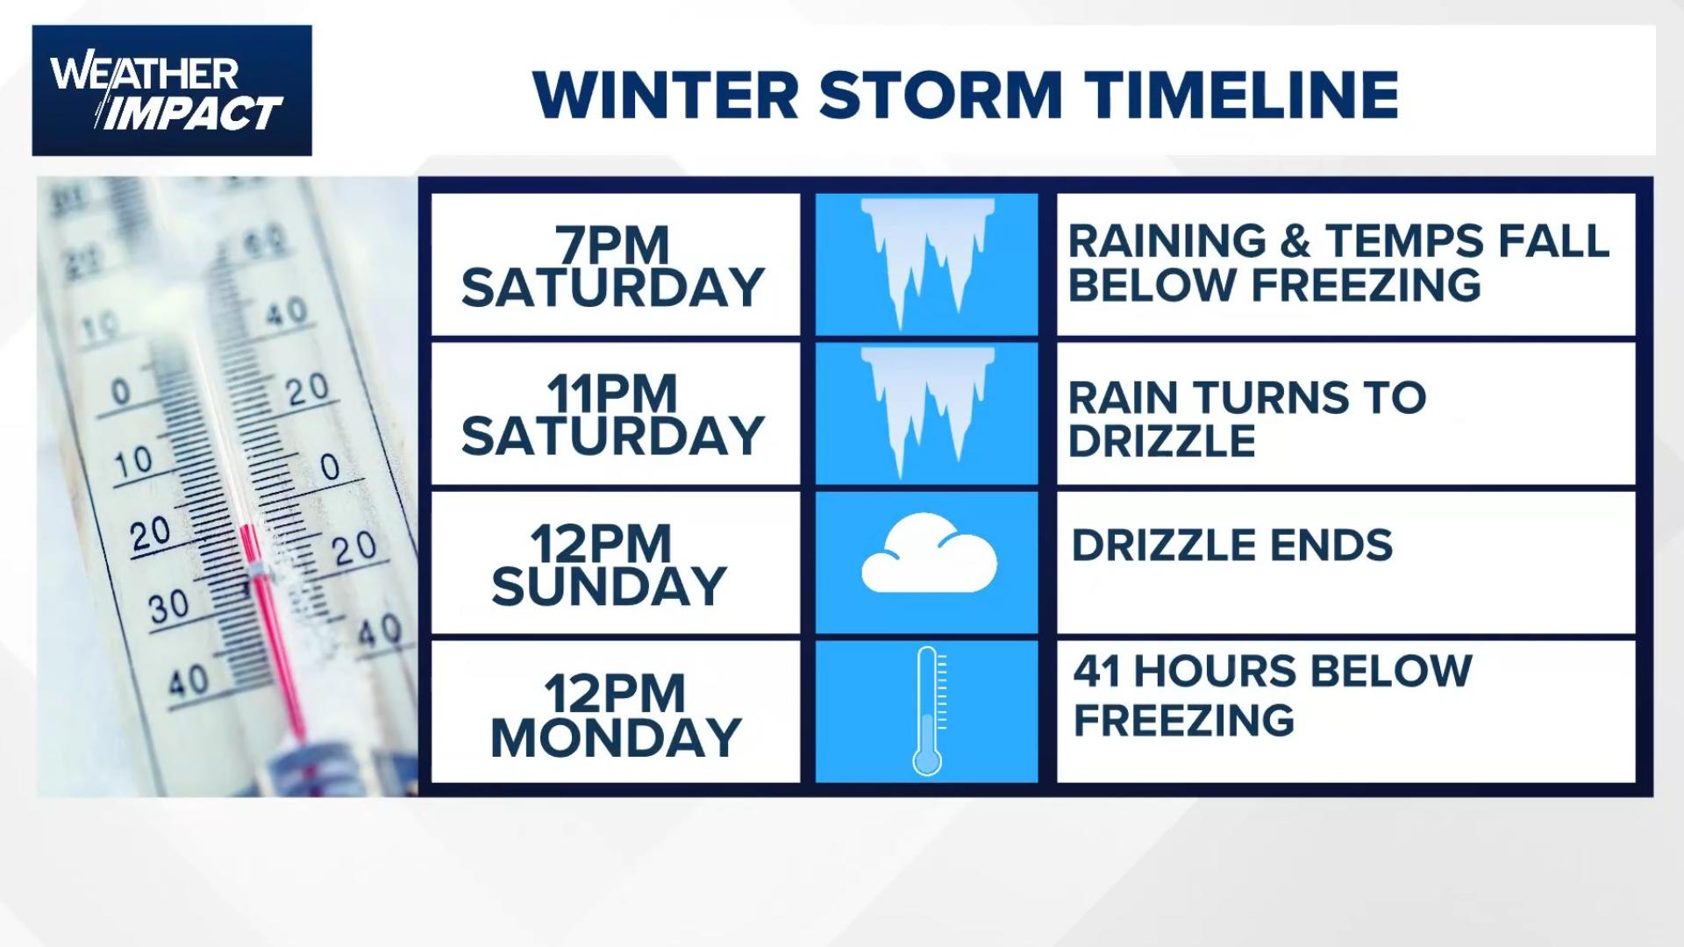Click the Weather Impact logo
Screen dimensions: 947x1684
click(172, 90)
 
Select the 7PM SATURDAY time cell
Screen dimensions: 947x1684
click(614, 266)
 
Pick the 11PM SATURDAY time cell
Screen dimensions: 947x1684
click(614, 414)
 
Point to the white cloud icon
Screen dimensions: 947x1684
click(929, 557)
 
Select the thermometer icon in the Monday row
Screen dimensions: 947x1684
click(928, 710)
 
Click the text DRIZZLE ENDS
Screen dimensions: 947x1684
click(1231, 545)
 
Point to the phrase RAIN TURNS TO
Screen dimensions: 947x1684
click(1246, 397)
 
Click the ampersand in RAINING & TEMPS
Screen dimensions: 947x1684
click(1295, 241)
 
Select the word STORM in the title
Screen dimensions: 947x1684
click(941, 94)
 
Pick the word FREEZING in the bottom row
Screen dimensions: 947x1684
click(1184, 720)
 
